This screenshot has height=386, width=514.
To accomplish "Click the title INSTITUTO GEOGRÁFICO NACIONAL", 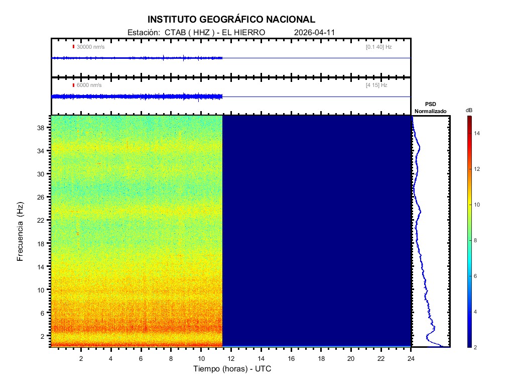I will [x=231, y=20].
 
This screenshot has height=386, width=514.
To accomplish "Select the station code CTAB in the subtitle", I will [x=173, y=32].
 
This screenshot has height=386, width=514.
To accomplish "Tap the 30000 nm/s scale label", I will [x=90, y=47].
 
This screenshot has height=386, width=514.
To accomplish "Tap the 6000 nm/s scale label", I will [x=89, y=85].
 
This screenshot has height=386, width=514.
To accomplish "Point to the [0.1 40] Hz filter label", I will [x=379, y=47].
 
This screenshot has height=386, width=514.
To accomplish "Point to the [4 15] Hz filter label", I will [x=376, y=85].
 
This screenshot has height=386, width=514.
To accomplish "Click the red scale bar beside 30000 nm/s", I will [x=73, y=47].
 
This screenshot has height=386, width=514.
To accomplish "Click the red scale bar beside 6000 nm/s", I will [x=73, y=85].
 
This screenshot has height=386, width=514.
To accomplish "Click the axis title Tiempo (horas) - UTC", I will [x=232, y=369].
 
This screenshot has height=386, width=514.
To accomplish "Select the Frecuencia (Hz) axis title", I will [x=21, y=232].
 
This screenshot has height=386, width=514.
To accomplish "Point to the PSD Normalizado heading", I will [x=430, y=108].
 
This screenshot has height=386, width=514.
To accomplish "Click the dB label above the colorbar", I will [x=469, y=110].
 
